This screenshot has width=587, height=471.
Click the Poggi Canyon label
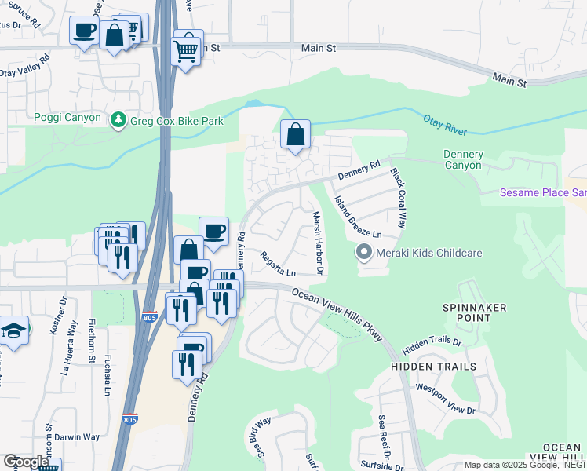67,118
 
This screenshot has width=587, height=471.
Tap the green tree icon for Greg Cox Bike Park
118,120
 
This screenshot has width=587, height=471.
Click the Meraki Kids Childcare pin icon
363,253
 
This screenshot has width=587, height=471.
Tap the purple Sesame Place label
543,193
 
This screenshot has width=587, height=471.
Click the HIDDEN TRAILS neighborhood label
434,367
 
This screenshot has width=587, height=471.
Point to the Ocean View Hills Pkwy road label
337,313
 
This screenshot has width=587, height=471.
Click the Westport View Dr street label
446,399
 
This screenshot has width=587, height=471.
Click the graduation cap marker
13,330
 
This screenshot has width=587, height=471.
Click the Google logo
26,462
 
